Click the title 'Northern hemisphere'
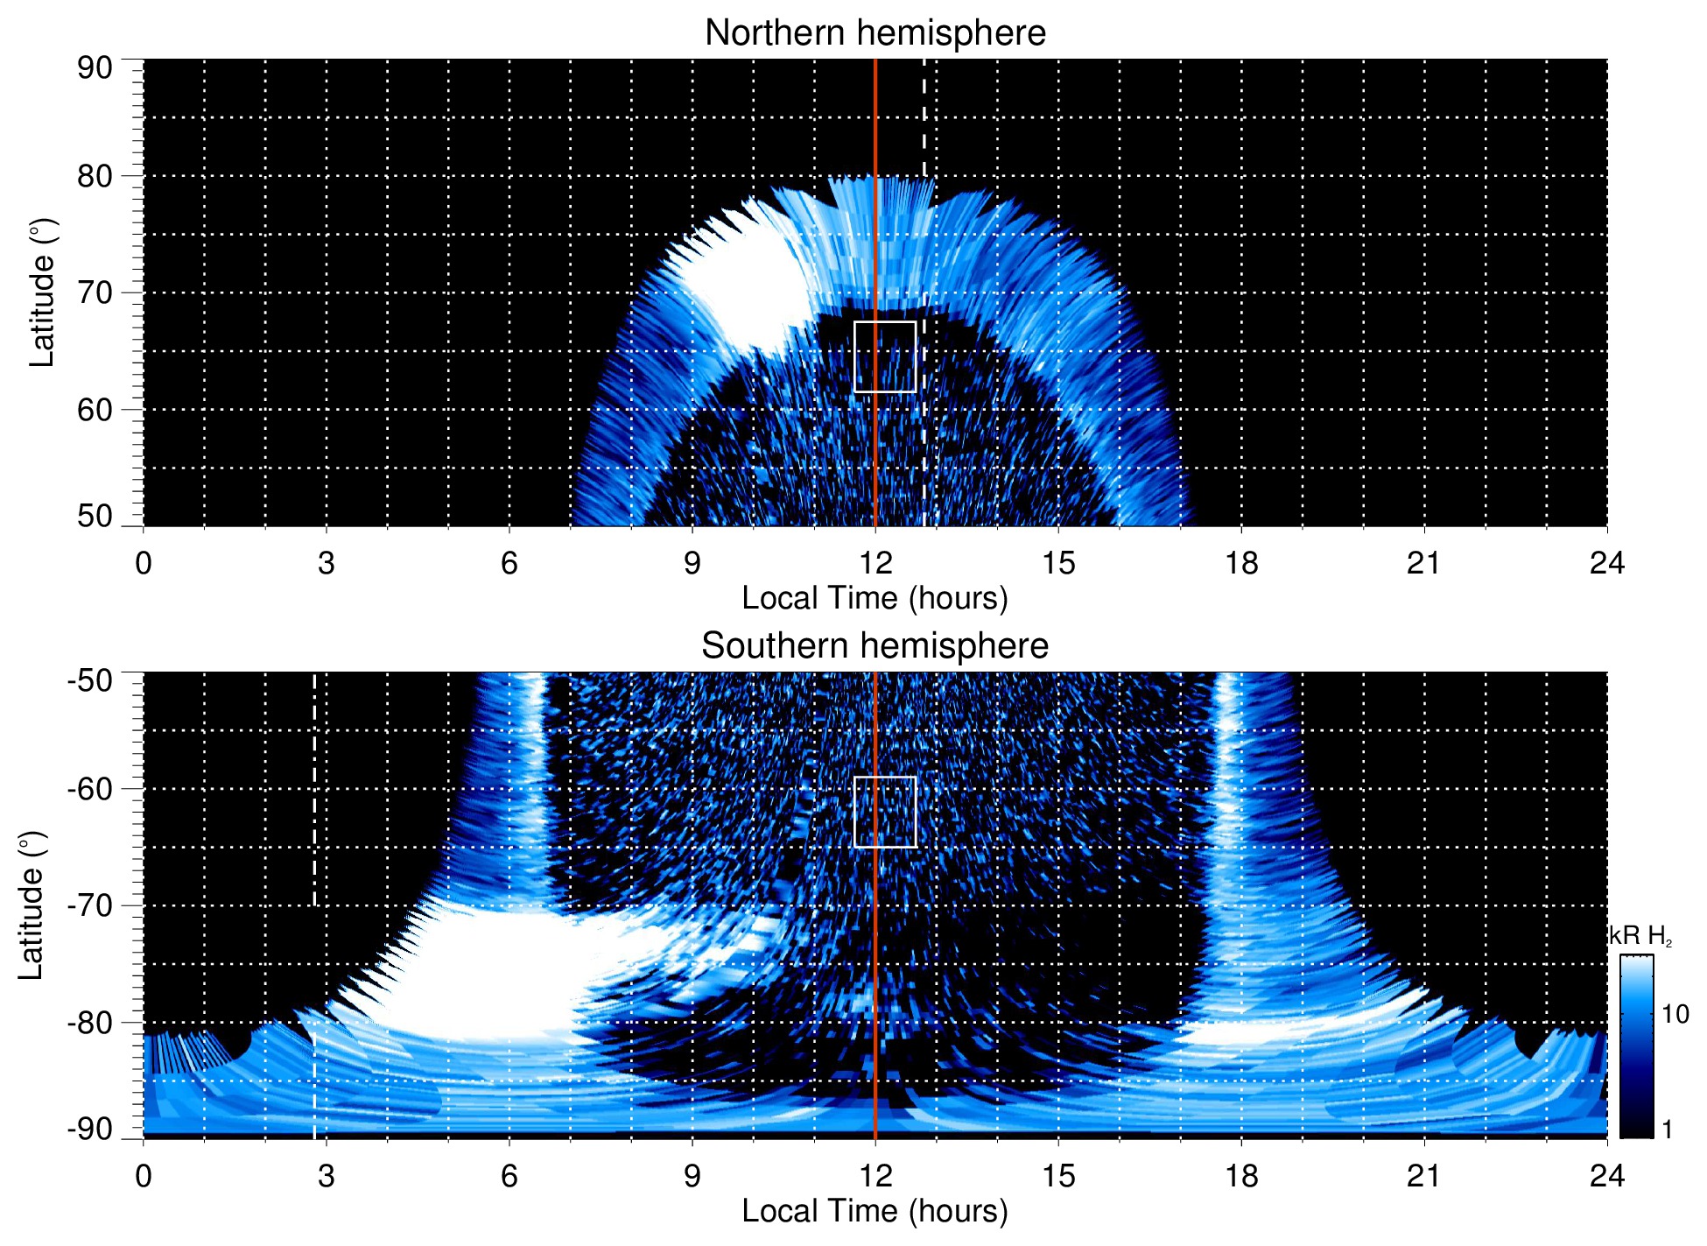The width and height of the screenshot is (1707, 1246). pos(875,33)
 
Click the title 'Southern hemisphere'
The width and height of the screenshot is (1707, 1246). pos(875,646)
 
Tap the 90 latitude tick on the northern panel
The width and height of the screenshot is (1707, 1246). pos(95,68)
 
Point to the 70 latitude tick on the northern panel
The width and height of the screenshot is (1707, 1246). pos(95,292)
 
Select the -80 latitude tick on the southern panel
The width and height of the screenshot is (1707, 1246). pos(89,1022)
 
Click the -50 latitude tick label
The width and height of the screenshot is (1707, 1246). pos(89,680)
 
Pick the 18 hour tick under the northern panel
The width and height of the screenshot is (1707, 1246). pos(1240,563)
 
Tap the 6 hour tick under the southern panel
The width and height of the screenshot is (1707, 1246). pos(509,1176)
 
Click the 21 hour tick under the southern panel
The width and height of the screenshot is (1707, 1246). pos(1423,1176)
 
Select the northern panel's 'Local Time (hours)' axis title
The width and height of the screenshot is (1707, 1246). pos(875,598)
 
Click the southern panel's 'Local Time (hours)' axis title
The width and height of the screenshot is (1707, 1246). pos(875,1211)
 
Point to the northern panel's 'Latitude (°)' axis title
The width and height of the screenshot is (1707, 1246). pos(41,292)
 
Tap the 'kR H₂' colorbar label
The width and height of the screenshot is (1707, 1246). pos(1640,936)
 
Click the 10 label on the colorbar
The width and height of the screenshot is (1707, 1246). pos(1675,1014)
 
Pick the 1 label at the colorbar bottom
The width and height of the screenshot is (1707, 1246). pos(1667,1130)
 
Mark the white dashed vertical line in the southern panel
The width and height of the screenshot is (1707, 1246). pos(314,788)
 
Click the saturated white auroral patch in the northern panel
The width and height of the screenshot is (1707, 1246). pos(748,280)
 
